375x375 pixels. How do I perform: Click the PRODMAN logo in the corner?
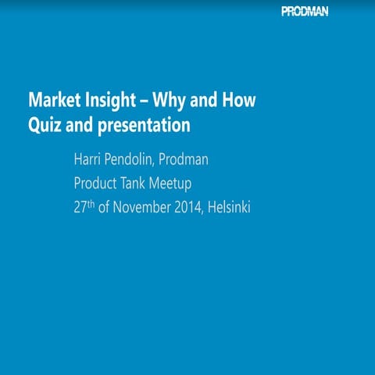click(x=305, y=11)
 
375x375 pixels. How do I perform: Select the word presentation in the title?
click(x=142, y=124)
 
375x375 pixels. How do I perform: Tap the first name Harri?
click(x=88, y=162)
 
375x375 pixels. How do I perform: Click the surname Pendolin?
click(x=137, y=162)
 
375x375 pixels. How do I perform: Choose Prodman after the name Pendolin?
click(x=200, y=162)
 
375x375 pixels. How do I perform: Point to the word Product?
click(x=95, y=185)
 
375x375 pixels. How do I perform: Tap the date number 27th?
click(x=84, y=208)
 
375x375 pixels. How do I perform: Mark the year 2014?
click(x=190, y=208)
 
